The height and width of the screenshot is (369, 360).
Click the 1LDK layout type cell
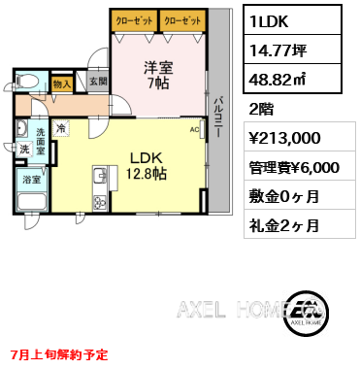pyautogui.click(x=292, y=19)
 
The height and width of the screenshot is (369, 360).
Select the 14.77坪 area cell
pyautogui.click(x=292, y=50)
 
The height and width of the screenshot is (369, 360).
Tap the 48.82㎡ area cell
pyautogui.click(x=292, y=79)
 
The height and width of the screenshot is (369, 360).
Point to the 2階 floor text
pyautogui.click(x=261, y=109)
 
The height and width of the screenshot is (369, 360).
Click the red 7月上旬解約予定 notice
pyautogui.click(x=59, y=355)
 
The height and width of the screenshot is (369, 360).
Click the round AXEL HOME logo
pyautogui.click(x=306, y=313)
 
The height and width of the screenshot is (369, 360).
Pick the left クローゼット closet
pyautogui.click(x=134, y=21)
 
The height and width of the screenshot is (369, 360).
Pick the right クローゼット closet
pyautogui.click(x=182, y=21)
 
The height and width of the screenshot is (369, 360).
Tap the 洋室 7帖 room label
pyautogui.click(x=158, y=75)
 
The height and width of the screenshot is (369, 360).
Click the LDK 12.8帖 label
pyautogui.click(x=146, y=166)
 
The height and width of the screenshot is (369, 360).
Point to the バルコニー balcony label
pyautogui.click(x=218, y=117)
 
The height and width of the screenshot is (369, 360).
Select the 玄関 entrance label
pyautogui.click(x=98, y=81)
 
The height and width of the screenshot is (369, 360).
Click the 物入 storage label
pyautogui.click(x=61, y=84)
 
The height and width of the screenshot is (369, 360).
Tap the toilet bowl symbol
pyautogui.click(x=27, y=80)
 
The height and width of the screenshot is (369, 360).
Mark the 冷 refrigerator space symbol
pyautogui.click(x=61, y=128)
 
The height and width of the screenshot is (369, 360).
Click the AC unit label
pyautogui.click(x=194, y=130)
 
